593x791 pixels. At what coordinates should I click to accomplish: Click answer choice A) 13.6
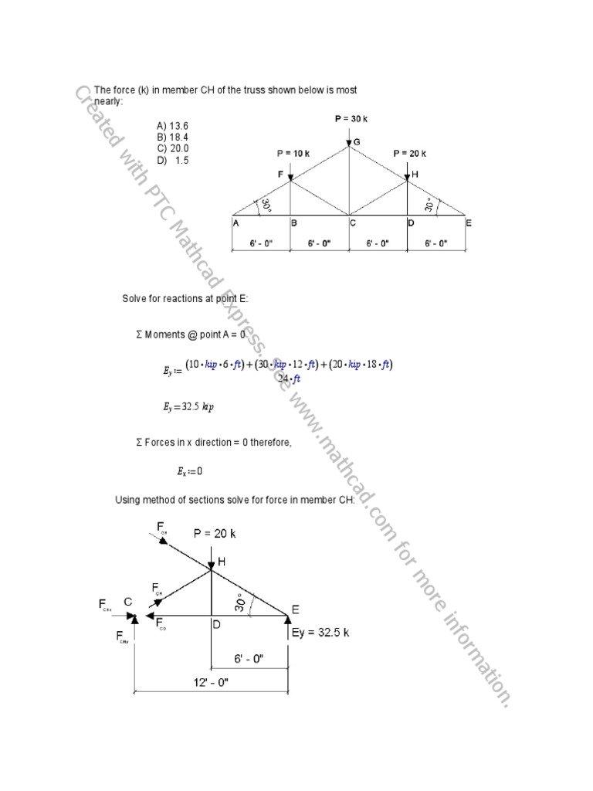(x=172, y=125)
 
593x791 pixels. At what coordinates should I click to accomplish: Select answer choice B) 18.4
(x=172, y=137)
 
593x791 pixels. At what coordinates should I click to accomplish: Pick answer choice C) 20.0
(x=172, y=148)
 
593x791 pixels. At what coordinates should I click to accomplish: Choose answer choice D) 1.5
(x=172, y=160)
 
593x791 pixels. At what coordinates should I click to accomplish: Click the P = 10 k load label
(x=292, y=153)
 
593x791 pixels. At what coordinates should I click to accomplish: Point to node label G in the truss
(x=357, y=142)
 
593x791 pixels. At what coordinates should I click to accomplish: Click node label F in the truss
(x=281, y=175)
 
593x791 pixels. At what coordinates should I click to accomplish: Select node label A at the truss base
(x=235, y=223)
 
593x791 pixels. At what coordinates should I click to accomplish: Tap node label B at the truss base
(x=294, y=223)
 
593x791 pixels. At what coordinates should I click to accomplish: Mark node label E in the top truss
(x=468, y=223)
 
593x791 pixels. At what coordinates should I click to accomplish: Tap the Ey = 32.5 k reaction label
(x=320, y=632)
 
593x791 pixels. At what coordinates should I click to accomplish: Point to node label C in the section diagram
(x=127, y=602)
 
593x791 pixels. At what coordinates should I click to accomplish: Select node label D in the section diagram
(x=217, y=624)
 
